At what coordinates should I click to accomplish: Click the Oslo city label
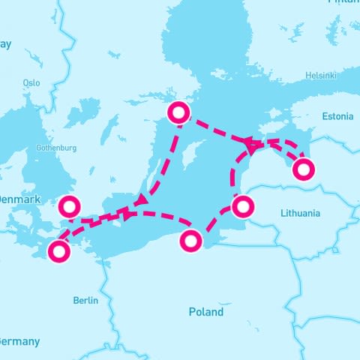[x=31, y=82]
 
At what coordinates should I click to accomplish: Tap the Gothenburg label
[x=56, y=148]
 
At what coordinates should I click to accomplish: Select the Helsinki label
[x=322, y=76]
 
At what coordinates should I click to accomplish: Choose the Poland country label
[x=205, y=311]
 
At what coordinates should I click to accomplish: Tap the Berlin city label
[x=85, y=300]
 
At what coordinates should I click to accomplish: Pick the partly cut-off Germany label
[x=19, y=341]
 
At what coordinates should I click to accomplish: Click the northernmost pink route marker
[x=178, y=113]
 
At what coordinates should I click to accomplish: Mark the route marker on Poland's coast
[x=191, y=241]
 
